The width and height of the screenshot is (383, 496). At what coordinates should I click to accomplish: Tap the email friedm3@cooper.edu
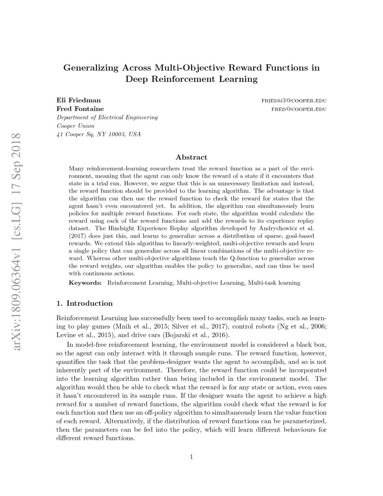coord(294,101)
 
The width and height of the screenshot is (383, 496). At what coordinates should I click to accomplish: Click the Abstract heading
coord(191,157)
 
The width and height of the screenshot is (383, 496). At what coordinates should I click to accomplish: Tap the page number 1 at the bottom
coord(191,457)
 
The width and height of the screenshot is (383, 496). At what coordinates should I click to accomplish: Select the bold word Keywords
coord(85,283)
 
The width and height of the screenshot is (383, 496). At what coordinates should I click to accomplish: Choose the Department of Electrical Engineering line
coord(107,117)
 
